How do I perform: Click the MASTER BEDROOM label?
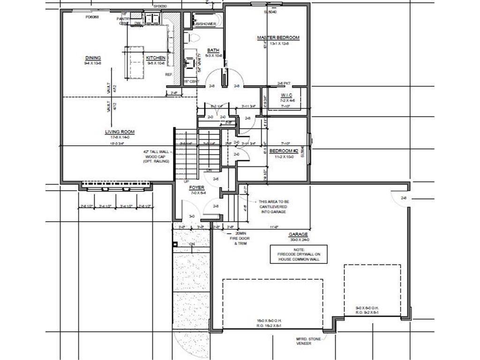pyautogui.click(x=278, y=37)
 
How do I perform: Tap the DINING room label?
pyautogui.click(x=93, y=59)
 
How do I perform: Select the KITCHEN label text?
pyautogui.click(x=156, y=58)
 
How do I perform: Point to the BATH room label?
pyautogui.click(x=213, y=51)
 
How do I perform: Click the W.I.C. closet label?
pyautogui.click(x=287, y=96)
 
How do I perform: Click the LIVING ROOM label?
pyautogui.click(x=120, y=132)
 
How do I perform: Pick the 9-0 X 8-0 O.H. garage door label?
pyautogui.click(x=372, y=307)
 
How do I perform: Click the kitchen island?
pyautogui.click(x=133, y=62)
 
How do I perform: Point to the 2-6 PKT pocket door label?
pyautogui.click(x=284, y=83)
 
